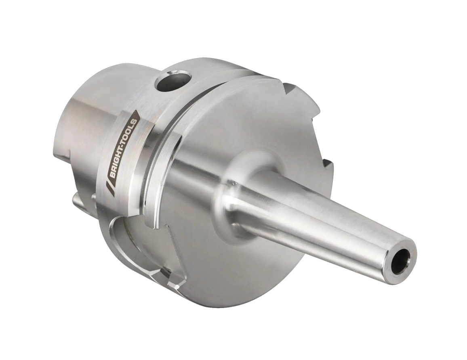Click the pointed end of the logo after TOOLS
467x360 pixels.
138,111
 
